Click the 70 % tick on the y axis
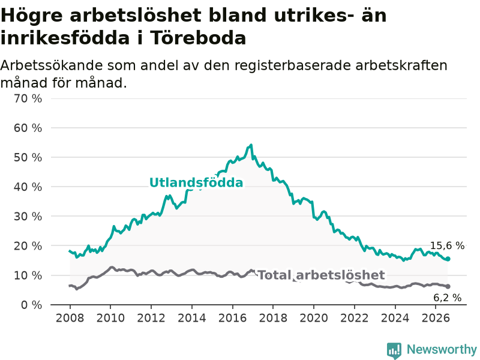tap(28, 98)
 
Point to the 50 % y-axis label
tap(28, 157)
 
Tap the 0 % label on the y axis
tap(32, 305)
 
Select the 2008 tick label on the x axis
tap(70, 318)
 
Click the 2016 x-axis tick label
tap(232, 318)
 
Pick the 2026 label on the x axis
tap(436, 318)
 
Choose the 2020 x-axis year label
tap(314, 318)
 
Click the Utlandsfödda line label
tap(196, 183)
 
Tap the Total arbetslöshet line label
tap(322, 275)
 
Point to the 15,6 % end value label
tap(447, 245)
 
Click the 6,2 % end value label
tap(447, 298)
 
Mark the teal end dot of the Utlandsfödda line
tap(448, 259)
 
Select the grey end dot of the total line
tap(448, 287)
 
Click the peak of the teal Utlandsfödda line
tap(251, 145)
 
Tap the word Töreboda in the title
tap(198, 38)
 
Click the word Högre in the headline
tap(32, 16)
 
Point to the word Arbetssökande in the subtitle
tap(52, 65)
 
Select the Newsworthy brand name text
tap(442, 349)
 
